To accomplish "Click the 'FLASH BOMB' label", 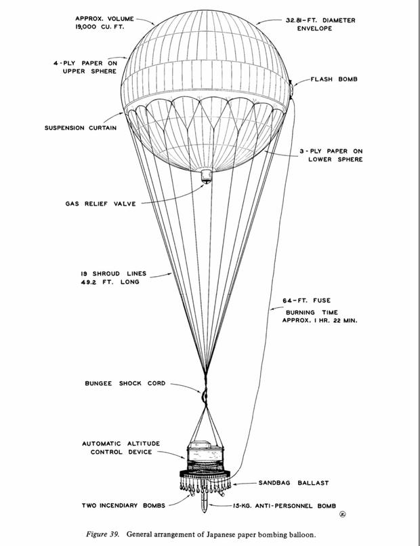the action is tap(334, 79).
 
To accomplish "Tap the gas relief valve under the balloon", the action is tap(207, 176).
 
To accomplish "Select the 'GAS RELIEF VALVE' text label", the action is tap(100, 203).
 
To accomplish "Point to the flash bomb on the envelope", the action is tap(291, 89).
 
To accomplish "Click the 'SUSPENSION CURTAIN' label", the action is tap(81, 128).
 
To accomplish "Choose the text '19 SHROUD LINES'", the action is tap(114, 274).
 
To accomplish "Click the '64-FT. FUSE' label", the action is tap(307, 300).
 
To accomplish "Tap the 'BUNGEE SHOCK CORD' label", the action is tap(125, 383).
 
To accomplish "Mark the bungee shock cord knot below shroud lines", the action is tap(204, 395).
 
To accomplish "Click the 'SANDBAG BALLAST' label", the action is tap(293, 483).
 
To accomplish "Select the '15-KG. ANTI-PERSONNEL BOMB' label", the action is tap(285, 505).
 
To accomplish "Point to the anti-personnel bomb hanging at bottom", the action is tap(205, 498).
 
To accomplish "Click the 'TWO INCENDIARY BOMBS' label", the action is tap(123, 505).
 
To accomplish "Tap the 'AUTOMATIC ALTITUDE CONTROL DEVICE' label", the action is tap(121, 448).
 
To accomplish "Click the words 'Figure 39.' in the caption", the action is tap(102, 534).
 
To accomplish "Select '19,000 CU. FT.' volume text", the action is tap(100, 26).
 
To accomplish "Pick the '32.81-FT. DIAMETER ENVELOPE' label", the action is tap(320, 24).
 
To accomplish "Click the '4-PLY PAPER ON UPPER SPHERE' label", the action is tap(85, 67).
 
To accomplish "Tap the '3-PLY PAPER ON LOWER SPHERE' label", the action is tap(331, 155).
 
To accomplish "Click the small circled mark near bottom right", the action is tap(343, 515).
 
